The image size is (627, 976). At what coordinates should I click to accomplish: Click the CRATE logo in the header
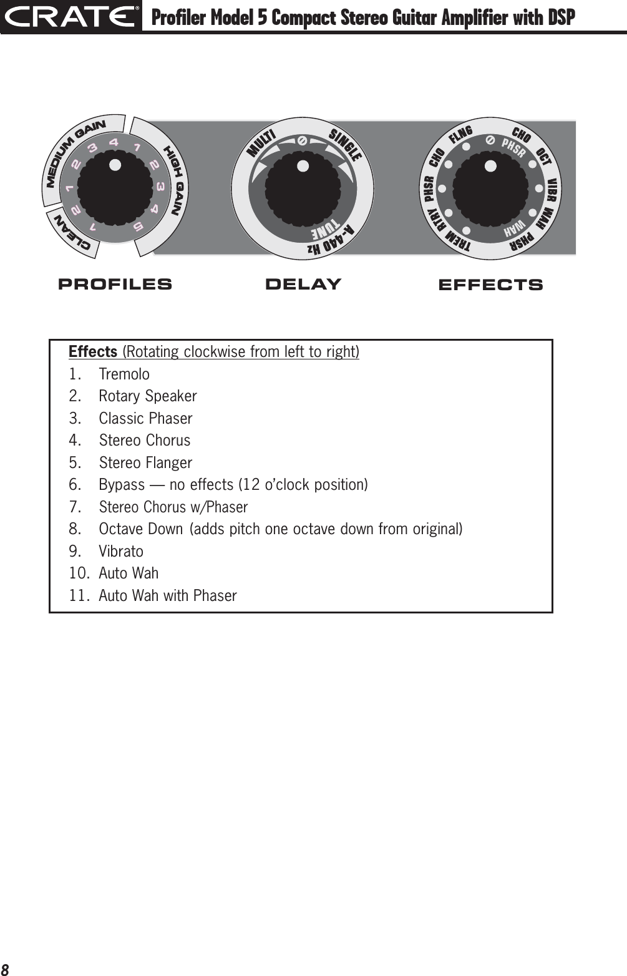point(70,16)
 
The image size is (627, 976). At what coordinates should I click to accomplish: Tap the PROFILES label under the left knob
point(115,285)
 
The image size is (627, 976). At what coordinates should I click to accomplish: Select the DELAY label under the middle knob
point(303,285)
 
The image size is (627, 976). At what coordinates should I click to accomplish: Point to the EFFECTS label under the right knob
point(490,285)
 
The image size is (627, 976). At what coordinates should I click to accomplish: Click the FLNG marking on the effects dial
point(461,134)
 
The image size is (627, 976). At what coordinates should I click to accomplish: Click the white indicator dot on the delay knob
point(303,167)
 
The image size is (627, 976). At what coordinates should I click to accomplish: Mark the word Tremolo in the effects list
point(124,374)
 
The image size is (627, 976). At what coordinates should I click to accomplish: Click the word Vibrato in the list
point(121,552)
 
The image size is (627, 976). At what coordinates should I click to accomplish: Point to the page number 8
point(6,968)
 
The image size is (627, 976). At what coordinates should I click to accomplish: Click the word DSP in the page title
point(560,18)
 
